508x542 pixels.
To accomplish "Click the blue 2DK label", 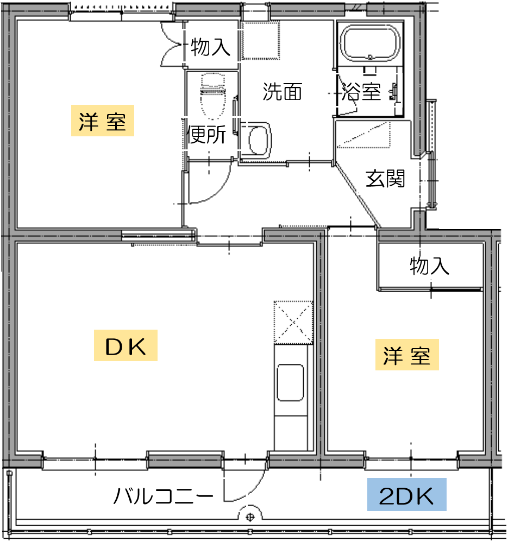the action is [x=407, y=494].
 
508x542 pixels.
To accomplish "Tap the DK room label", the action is [x=126, y=345].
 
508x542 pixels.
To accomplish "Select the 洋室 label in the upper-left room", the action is [x=102, y=121].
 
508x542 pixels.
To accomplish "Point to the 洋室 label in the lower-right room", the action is [x=407, y=355].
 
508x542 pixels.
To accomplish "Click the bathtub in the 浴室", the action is [x=370, y=43].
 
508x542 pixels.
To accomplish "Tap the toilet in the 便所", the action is [x=212, y=96].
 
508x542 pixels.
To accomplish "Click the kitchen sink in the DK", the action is [x=291, y=382].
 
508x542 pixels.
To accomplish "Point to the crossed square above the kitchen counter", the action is [x=293, y=323].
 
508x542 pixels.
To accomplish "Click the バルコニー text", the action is [x=163, y=496].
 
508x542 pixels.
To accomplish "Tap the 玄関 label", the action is [x=385, y=178].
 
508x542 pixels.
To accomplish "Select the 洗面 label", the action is [x=283, y=92].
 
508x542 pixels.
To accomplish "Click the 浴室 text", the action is [x=361, y=92].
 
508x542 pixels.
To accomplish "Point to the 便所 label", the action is [x=206, y=134].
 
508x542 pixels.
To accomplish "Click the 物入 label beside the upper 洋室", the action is [x=210, y=47].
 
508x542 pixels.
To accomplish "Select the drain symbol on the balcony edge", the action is [x=250, y=518].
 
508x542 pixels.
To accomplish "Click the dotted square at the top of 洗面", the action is [x=260, y=40].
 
